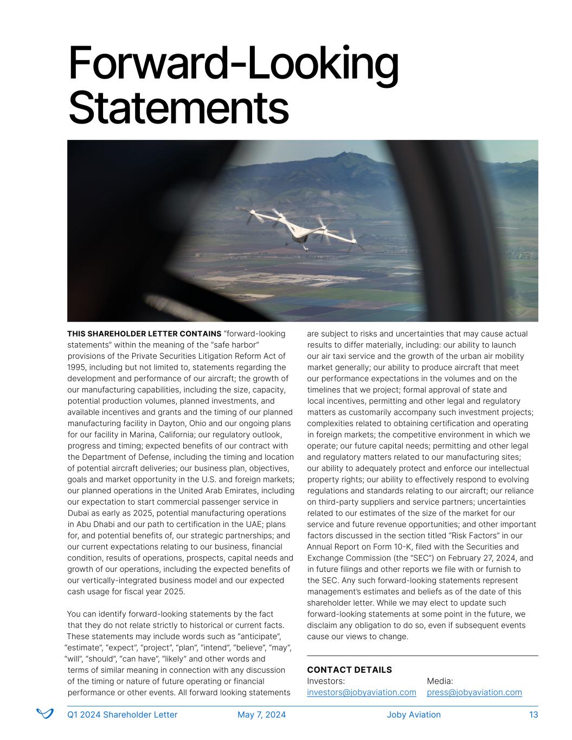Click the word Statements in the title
179,108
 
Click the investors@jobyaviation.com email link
361,692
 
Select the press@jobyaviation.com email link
474,692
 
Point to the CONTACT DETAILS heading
349,670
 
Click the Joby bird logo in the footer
44,714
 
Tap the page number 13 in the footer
534,715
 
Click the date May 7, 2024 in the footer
261,715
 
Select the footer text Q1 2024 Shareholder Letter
122,715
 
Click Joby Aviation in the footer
414,715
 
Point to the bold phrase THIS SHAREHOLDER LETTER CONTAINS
144,333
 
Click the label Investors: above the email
326,681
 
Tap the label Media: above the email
440,681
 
